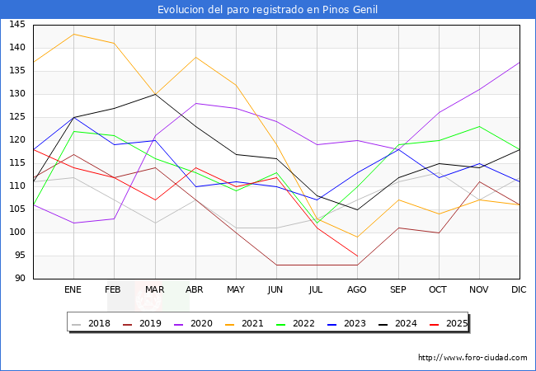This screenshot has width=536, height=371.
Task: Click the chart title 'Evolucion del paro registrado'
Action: click(268, 10)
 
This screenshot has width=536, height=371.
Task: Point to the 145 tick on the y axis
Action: click(16, 25)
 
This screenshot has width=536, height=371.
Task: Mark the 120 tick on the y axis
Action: click(16, 140)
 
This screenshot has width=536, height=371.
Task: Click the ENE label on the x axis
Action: click(73, 290)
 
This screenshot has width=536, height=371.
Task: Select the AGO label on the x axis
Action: click(357, 290)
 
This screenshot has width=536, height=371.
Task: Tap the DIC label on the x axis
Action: click(519, 290)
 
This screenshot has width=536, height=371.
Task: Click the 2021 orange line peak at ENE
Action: click(74, 34)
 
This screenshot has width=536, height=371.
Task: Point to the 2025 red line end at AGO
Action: click(357, 256)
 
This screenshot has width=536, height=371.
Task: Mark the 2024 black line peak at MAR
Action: click(155, 94)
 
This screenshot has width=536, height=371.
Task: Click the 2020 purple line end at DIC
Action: click(519, 62)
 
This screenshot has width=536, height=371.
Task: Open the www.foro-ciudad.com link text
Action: click(473, 358)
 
